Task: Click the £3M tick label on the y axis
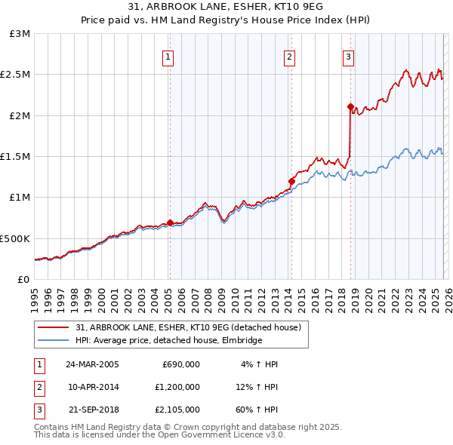point(20,34)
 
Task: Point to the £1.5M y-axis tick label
point(17,156)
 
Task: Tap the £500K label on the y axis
point(15,238)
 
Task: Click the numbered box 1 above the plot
point(168,56)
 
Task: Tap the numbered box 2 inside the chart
point(290,56)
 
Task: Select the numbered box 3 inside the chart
point(348,56)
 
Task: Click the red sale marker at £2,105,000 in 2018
point(350,107)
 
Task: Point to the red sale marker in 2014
point(291,181)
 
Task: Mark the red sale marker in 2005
point(170,222)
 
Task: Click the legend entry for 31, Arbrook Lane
point(188,327)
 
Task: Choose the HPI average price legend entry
point(168,340)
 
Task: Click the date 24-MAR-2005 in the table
point(91,364)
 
